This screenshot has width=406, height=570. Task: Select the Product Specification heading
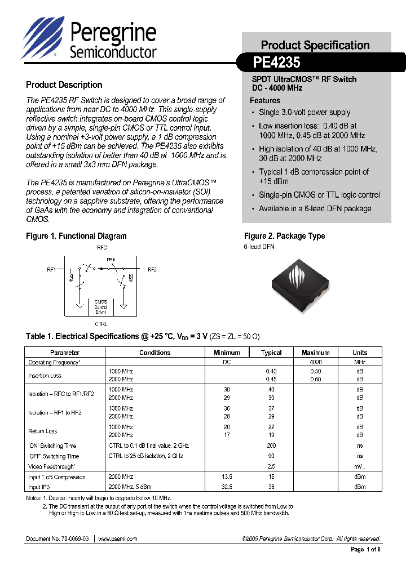[x=315, y=45]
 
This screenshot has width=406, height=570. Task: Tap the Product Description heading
[x=64, y=85]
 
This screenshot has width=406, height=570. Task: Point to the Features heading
[x=265, y=100]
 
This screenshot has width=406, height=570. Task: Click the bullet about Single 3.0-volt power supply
[x=304, y=112]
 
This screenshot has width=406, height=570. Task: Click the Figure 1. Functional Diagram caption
[x=76, y=236]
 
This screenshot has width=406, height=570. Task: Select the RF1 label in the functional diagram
[x=51, y=270]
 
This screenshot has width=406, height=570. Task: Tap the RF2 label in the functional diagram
[x=152, y=270]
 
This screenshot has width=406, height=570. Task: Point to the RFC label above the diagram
[x=101, y=248]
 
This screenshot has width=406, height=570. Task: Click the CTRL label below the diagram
[x=101, y=324]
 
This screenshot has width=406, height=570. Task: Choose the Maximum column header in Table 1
[x=316, y=353]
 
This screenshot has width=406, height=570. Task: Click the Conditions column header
[x=155, y=353]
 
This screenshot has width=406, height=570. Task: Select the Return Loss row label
[x=43, y=431]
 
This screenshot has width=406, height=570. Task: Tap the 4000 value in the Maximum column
[x=316, y=362]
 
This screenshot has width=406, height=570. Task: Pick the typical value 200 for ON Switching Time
[x=271, y=446]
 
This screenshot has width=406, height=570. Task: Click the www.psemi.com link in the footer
[x=117, y=539]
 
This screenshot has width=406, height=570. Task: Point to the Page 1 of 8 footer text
[x=365, y=550]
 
